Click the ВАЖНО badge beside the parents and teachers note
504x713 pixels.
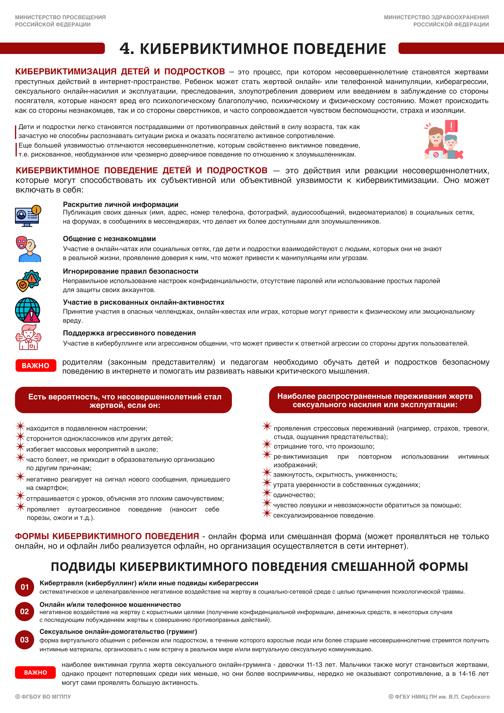click(x=36, y=365)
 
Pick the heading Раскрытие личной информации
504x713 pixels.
click(x=120, y=204)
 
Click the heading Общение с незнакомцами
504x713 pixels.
click(x=109, y=239)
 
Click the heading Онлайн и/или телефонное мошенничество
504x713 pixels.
click(x=110, y=604)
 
